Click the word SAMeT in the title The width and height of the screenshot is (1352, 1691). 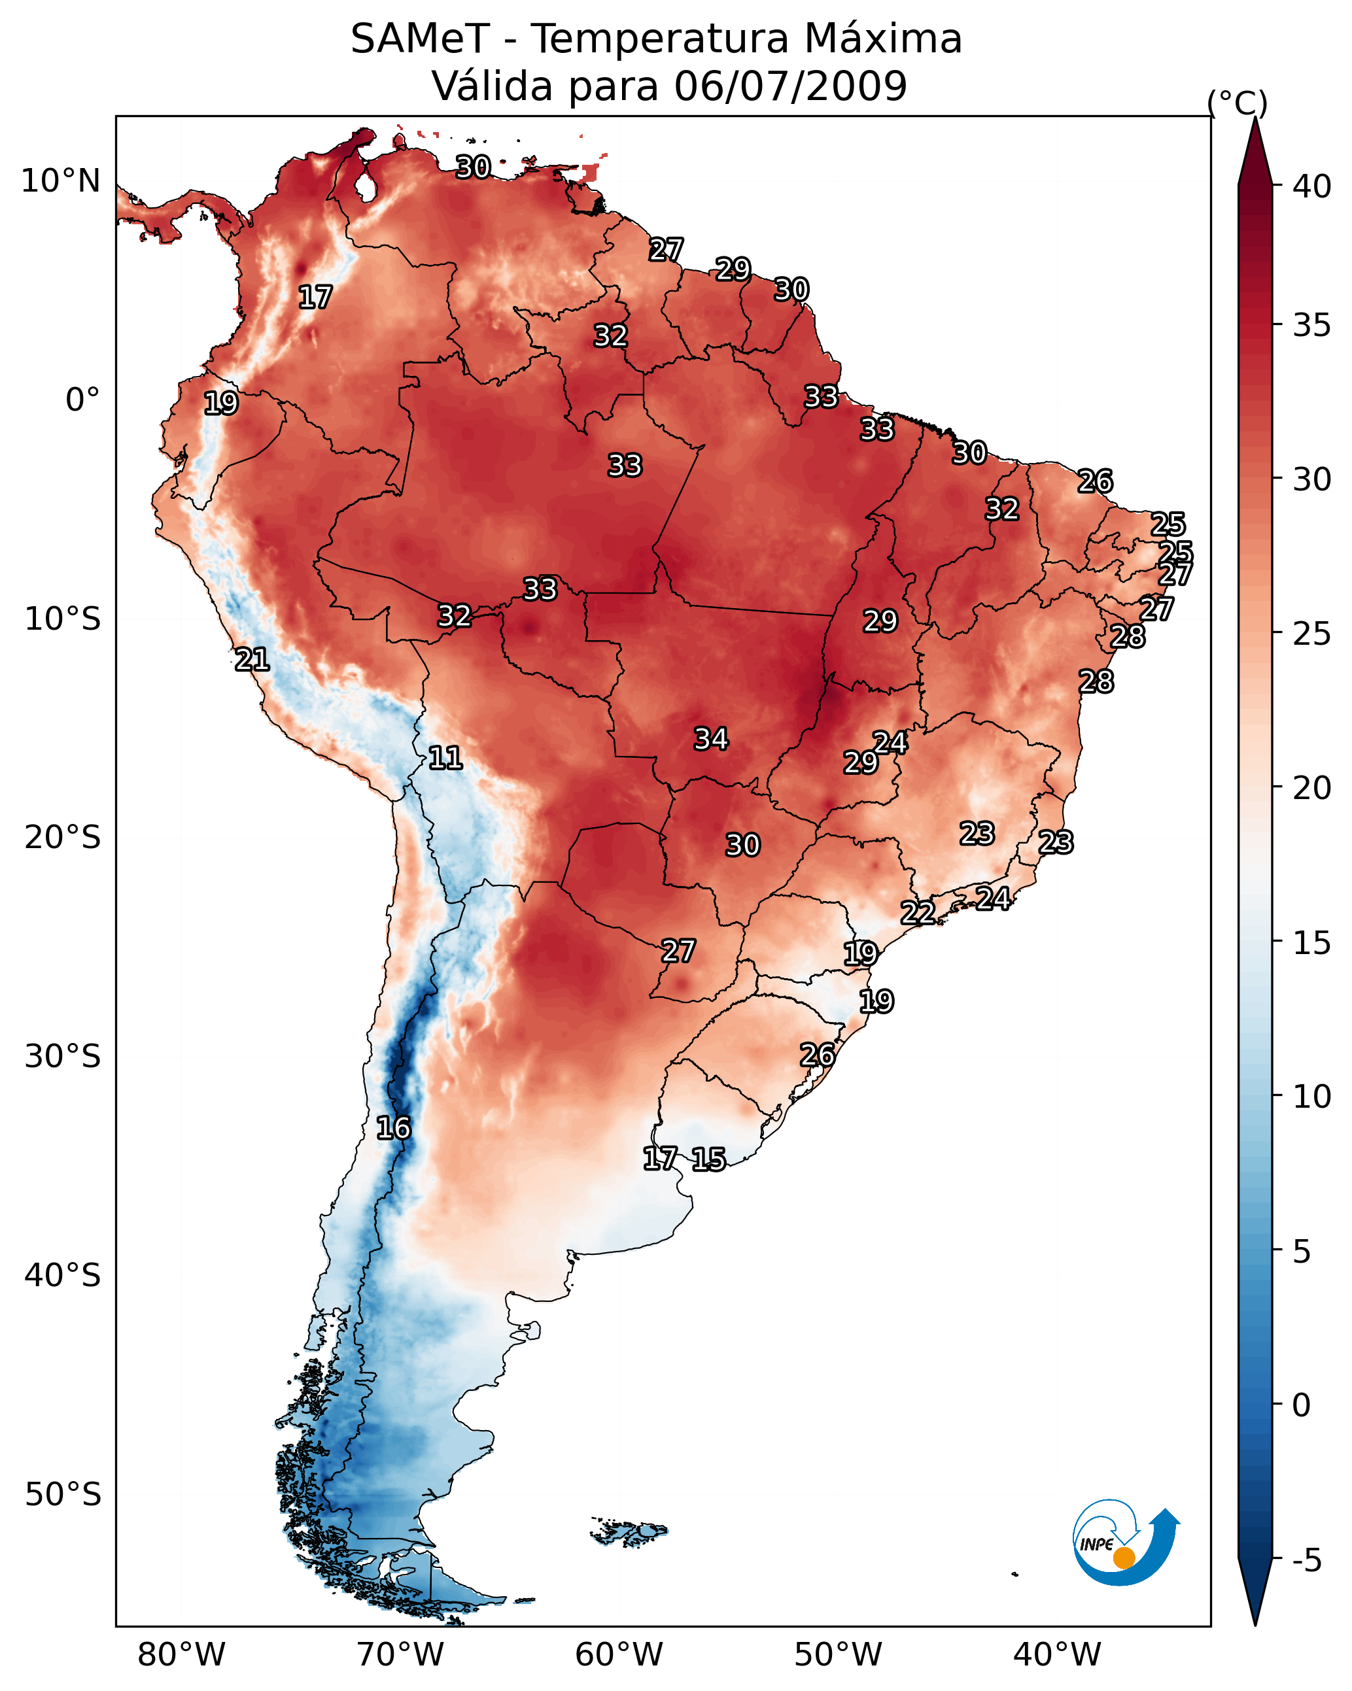point(420,39)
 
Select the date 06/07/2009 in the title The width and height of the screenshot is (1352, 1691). point(790,86)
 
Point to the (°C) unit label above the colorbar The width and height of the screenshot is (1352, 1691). point(1237,103)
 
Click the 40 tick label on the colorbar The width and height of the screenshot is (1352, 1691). point(1311,186)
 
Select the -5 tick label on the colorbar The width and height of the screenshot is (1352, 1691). point(1306,1560)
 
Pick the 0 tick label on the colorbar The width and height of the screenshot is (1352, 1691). point(1301,1405)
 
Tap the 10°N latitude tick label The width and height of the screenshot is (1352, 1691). point(60,181)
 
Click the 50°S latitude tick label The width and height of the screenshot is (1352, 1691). point(63,1494)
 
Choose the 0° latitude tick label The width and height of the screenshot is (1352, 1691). point(83,400)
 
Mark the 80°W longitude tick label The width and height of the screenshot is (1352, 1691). point(181,1654)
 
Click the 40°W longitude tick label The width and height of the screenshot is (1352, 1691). point(1057,1654)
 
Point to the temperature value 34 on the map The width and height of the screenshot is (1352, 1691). point(711,739)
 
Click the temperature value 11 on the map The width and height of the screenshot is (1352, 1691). point(445,758)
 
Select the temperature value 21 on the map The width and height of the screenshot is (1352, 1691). point(252,660)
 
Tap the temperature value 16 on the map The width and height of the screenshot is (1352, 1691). point(393,1128)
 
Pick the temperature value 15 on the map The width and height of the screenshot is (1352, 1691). point(708,1159)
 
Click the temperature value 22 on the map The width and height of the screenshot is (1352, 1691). point(917,912)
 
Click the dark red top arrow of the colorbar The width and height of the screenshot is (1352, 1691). point(1255,153)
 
